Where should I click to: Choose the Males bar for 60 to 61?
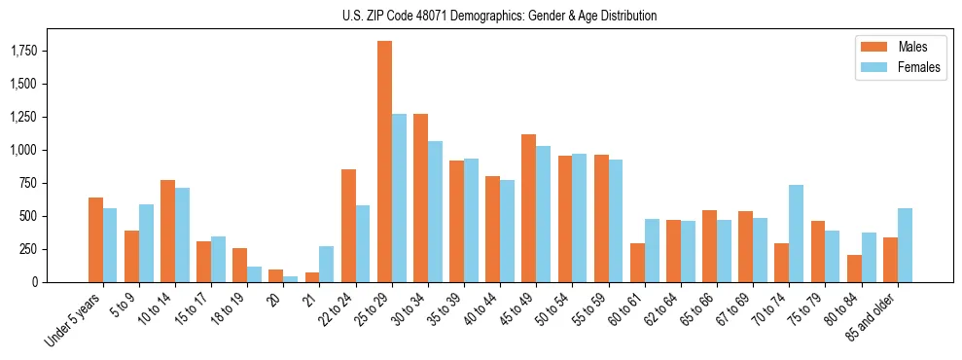[x=637, y=263]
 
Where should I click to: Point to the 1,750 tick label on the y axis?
[x=20, y=51]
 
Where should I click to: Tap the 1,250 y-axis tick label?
[x=20, y=117]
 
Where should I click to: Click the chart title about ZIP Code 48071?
[x=499, y=16]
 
